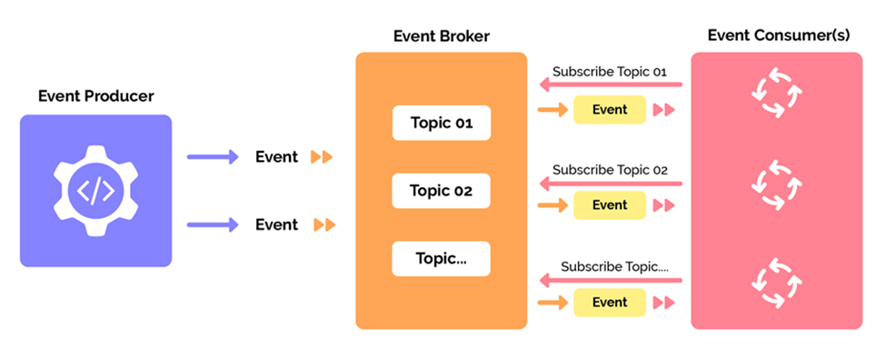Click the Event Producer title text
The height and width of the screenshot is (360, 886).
pyautogui.click(x=95, y=95)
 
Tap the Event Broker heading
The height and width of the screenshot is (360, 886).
pyautogui.click(x=441, y=36)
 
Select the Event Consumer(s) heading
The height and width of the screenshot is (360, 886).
pyautogui.click(x=777, y=36)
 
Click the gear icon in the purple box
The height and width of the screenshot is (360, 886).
pyautogui.click(x=95, y=191)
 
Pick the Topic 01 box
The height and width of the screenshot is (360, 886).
pyautogui.click(x=441, y=123)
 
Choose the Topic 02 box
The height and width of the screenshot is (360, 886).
pyautogui.click(x=441, y=191)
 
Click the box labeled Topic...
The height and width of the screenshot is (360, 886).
pyautogui.click(x=441, y=258)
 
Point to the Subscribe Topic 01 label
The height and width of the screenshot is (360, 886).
pyautogui.click(x=610, y=71)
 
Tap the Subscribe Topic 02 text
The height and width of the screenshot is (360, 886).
pyautogui.click(x=610, y=169)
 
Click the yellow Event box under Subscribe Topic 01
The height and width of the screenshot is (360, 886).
pyautogui.click(x=610, y=110)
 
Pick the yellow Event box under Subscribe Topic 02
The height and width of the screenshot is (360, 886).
pyautogui.click(x=610, y=205)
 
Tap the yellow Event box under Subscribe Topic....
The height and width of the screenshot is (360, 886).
pyautogui.click(x=610, y=302)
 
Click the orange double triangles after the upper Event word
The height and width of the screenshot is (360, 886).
pyautogui.click(x=322, y=157)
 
